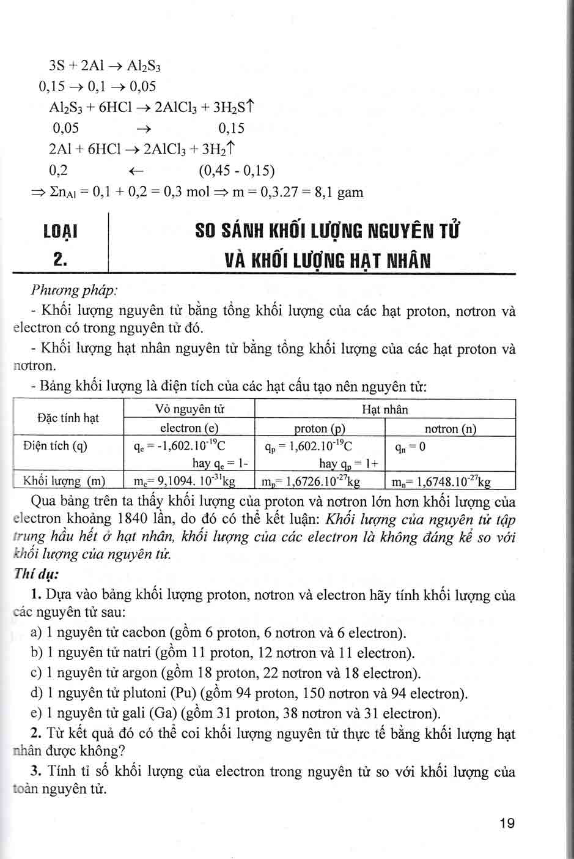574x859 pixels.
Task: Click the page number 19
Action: tap(507, 823)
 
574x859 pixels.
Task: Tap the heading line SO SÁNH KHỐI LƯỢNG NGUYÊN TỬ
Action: tap(327, 232)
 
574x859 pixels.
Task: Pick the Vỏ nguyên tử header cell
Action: tap(189, 409)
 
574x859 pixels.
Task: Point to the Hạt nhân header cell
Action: tap(385, 409)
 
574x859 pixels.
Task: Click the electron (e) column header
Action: tap(189, 428)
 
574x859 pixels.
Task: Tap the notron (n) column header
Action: tap(450, 429)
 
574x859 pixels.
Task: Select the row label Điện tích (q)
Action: tap(55, 446)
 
